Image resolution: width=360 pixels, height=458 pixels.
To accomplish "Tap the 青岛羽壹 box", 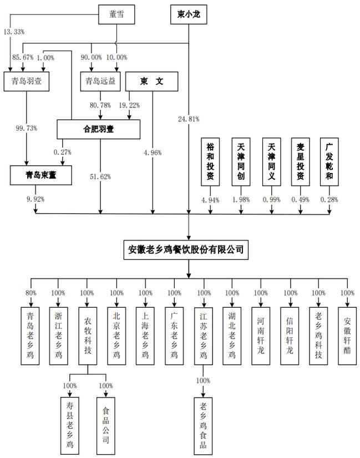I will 26,83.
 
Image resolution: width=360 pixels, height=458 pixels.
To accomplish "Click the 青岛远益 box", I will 100,83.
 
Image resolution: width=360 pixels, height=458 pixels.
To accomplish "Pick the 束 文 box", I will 151,83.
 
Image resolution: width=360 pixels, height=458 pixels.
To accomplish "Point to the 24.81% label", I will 189,119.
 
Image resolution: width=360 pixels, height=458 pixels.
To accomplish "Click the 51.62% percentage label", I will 100,177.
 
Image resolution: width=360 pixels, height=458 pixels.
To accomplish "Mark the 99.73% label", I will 26,128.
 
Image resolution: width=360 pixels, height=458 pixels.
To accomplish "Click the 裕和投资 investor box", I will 210,161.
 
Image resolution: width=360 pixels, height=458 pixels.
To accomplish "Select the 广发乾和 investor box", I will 329,161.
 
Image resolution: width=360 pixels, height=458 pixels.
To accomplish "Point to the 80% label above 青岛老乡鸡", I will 31,293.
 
